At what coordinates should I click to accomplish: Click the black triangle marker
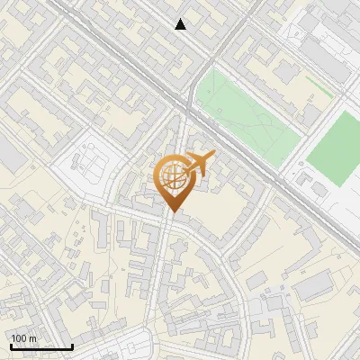[181, 24]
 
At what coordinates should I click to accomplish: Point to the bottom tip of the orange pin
[172, 212]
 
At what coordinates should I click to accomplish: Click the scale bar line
[41, 346]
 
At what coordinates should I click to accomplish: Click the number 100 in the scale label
[20, 338]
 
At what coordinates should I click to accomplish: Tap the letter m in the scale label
[34, 338]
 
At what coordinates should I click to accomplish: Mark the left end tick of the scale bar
[11, 345]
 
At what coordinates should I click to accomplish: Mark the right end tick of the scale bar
[72, 345]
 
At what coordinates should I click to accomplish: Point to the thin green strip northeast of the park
[319, 86]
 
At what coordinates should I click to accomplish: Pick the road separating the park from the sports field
[301, 135]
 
